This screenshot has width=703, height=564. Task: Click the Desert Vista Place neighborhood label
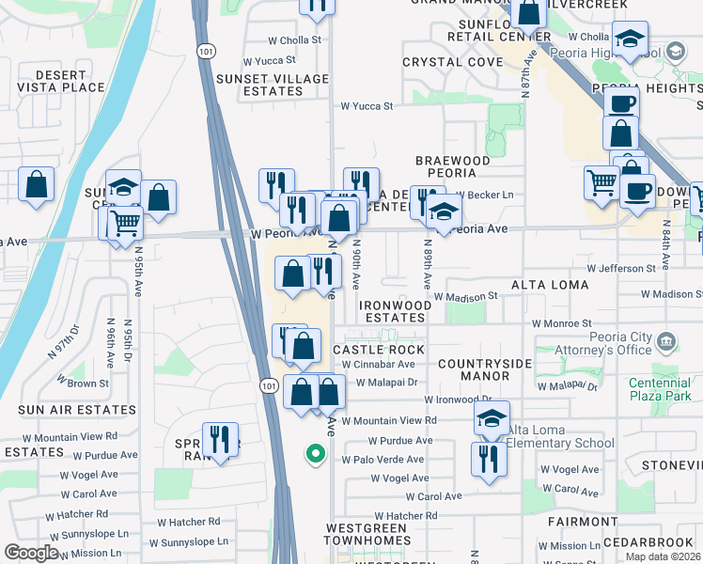(56, 81)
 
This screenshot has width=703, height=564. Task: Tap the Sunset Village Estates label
(273, 85)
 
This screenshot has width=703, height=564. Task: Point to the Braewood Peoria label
(453, 167)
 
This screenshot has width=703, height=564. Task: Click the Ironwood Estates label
(393, 312)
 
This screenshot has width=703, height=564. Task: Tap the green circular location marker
(316, 455)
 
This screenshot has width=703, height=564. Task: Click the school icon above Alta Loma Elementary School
(492, 419)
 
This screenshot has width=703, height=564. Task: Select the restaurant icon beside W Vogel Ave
(489, 459)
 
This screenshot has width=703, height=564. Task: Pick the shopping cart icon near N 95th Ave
(124, 224)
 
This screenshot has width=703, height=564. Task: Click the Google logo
(31, 553)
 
